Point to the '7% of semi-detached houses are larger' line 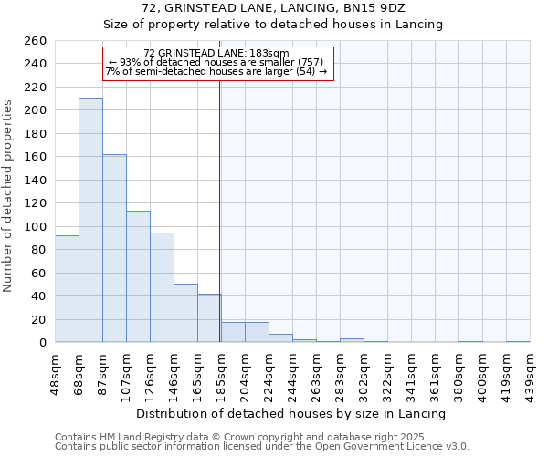[216, 71]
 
